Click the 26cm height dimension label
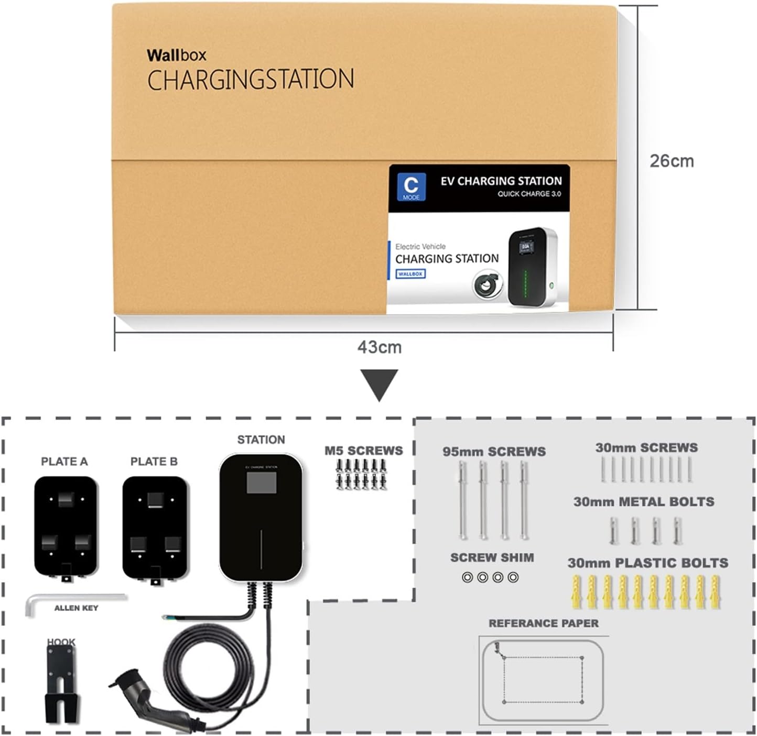click(x=672, y=161)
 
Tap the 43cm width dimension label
click(x=379, y=347)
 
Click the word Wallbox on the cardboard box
click(x=176, y=55)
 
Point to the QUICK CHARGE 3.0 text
click(x=529, y=194)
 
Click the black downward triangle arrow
click(x=379, y=383)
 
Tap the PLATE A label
click(x=64, y=462)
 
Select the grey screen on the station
click(x=261, y=483)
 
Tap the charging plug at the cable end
click(x=152, y=702)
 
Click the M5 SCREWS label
click(x=363, y=451)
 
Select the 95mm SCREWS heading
click(x=494, y=452)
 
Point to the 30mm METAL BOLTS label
click(x=644, y=502)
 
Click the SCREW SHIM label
click(x=492, y=558)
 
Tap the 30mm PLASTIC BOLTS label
click(x=647, y=563)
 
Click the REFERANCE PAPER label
click(x=543, y=623)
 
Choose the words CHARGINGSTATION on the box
click(x=251, y=80)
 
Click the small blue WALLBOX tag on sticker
click(x=410, y=274)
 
